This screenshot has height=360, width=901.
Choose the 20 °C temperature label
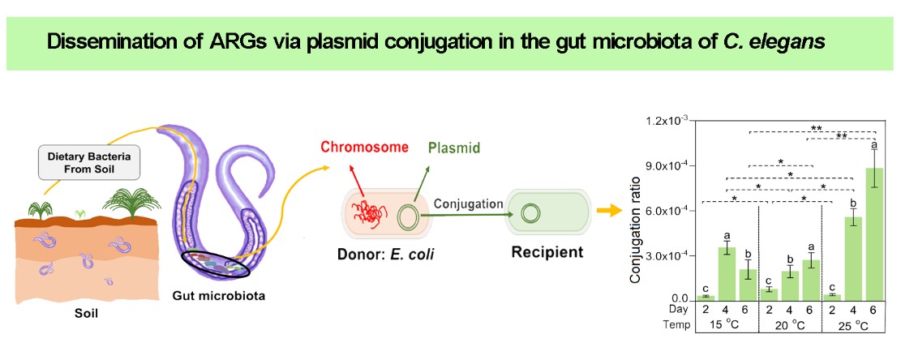(x=789, y=325)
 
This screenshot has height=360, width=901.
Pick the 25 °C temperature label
(x=852, y=325)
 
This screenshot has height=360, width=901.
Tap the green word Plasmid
(x=451, y=148)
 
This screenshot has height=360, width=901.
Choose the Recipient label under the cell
(x=547, y=252)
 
